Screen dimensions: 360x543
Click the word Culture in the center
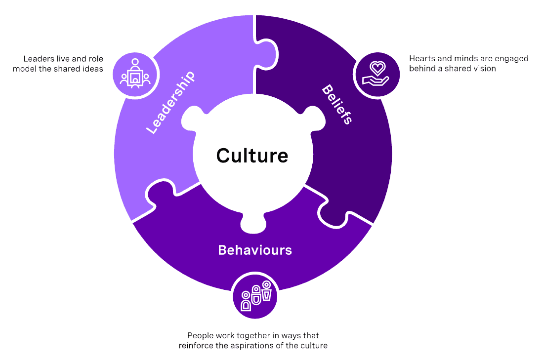tap(252, 156)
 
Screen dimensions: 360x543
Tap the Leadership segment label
tap(170, 102)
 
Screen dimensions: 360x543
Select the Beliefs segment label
tap(337, 104)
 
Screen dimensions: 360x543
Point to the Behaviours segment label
tap(255, 250)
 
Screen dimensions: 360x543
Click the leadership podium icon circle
tap(135, 74)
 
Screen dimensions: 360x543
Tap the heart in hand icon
tap(376, 74)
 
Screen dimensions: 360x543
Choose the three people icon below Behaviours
tap(255, 296)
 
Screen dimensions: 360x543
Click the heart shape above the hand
tap(377, 68)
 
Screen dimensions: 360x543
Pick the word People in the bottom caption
tap(200, 336)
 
